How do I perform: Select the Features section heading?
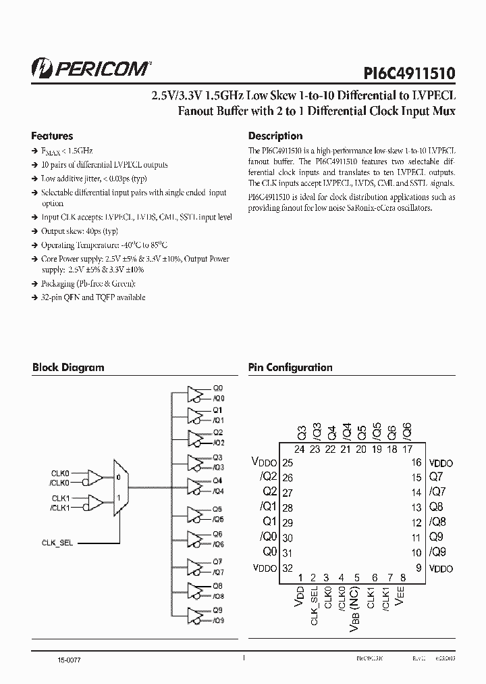coord(53,136)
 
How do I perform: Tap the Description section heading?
coord(275,136)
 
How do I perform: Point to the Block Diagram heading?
coord(68,368)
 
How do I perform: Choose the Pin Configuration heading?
coord(290,368)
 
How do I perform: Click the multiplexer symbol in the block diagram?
coord(120,489)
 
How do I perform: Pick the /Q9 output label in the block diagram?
coord(218,620)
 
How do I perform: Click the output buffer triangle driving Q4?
coord(194,485)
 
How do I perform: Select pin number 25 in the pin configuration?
coord(288,463)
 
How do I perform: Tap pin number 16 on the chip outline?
coord(417,463)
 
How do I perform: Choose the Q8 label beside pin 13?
coord(437,508)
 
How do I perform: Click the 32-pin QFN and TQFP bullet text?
coord(94,297)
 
